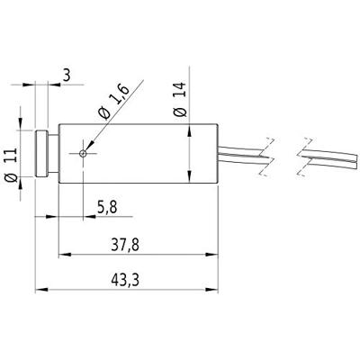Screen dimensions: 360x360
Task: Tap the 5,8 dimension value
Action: pyautogui.click(x=106, y=206)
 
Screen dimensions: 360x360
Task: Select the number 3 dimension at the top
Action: pyautogui.click(x=67, y=75)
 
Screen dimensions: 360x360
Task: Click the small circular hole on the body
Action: pyautogui.click(x=84, y=153)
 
